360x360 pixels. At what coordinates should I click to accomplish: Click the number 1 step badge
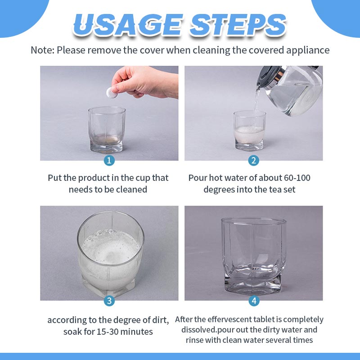tap(109, 161)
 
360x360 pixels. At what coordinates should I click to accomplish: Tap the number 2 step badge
tap(253, 161)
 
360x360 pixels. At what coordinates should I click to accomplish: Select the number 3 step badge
tap(109, 301)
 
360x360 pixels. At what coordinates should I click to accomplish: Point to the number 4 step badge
tap(254, 301)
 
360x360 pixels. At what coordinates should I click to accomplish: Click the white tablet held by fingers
tap(112, 93)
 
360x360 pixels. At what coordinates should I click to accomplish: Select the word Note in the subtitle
tap(42, 50)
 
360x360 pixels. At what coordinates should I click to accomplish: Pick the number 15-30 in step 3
tap(107, 332)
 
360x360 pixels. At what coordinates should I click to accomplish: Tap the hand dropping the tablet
tap(144, 82)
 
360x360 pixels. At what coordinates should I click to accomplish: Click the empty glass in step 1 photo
tap(107, 130)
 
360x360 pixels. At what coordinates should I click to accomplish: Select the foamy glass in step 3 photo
tap(111, 254)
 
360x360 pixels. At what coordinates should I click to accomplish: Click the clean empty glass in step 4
tap(253, 256)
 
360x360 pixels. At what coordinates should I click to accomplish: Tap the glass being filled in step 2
tap(250, 130)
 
